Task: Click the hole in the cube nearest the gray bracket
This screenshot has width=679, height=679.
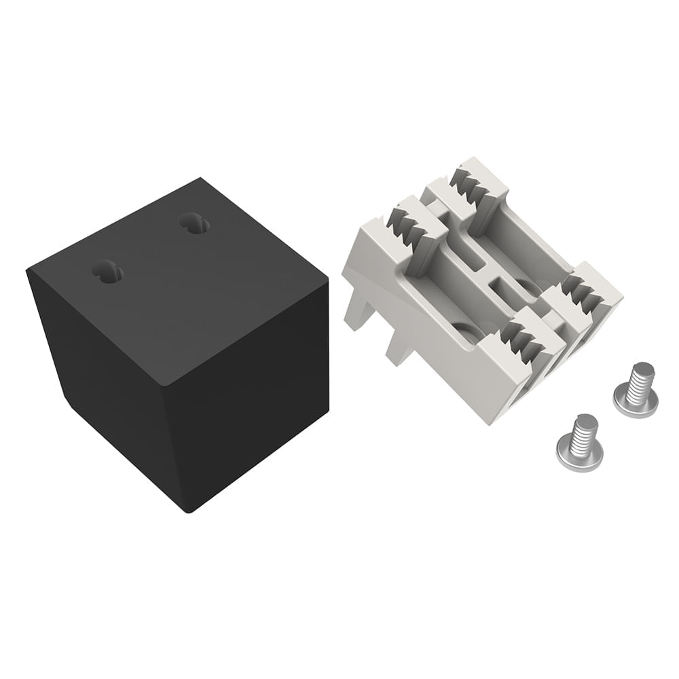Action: (195, 223)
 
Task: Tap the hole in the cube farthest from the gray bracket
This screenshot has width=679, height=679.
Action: (107, 272)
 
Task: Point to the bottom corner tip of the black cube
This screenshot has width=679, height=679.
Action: (189, 509)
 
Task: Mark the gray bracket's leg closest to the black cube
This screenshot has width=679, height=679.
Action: (355, 312)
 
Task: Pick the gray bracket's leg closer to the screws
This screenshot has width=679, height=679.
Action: (399, 350)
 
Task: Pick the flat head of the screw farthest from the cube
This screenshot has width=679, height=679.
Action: (635, 404)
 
